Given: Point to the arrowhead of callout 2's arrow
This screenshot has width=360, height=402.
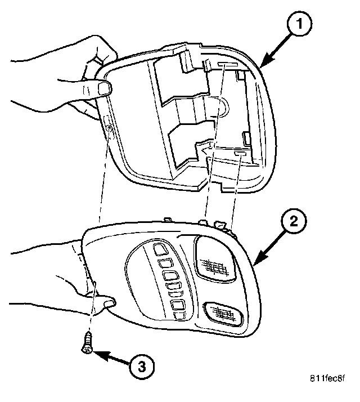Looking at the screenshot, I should (x=254, y=265).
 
